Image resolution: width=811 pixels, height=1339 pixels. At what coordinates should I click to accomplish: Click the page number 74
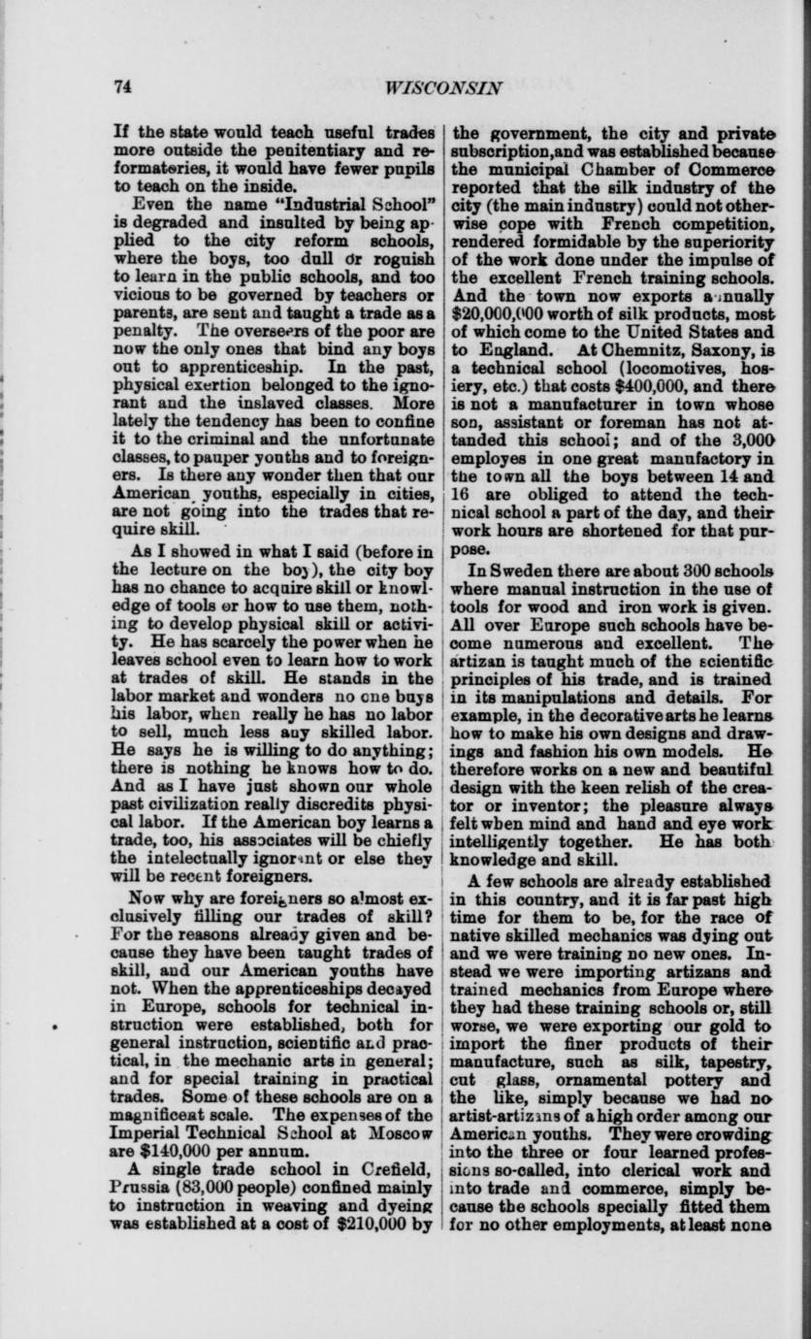122,85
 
